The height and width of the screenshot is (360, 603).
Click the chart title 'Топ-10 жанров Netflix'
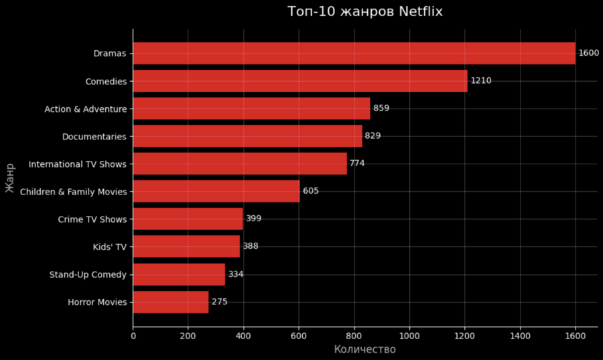(364, 12)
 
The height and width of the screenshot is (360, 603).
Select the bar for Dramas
(354, 53)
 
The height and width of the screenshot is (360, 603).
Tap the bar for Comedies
(299, 81)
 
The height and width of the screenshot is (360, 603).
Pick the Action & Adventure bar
(251, 109)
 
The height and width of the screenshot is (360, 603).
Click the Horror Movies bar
(170, 302)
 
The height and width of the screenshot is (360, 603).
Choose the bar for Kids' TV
(186, 246)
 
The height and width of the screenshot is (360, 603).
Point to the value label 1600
(588, 53)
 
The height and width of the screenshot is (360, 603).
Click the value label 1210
(481, 81)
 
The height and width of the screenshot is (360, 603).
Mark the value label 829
(373, 136)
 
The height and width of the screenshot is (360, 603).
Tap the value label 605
(310, 191)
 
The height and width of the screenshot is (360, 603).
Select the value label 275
(219, 302)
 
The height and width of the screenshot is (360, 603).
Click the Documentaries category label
(94, 136)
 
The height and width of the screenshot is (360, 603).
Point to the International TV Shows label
(77, 164)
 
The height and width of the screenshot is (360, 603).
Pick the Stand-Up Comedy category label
(88, 274)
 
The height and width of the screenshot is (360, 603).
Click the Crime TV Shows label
(92, 219)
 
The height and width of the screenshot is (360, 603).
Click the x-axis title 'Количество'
(364, 349)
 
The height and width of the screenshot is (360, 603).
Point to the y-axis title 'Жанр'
(10, 178)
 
